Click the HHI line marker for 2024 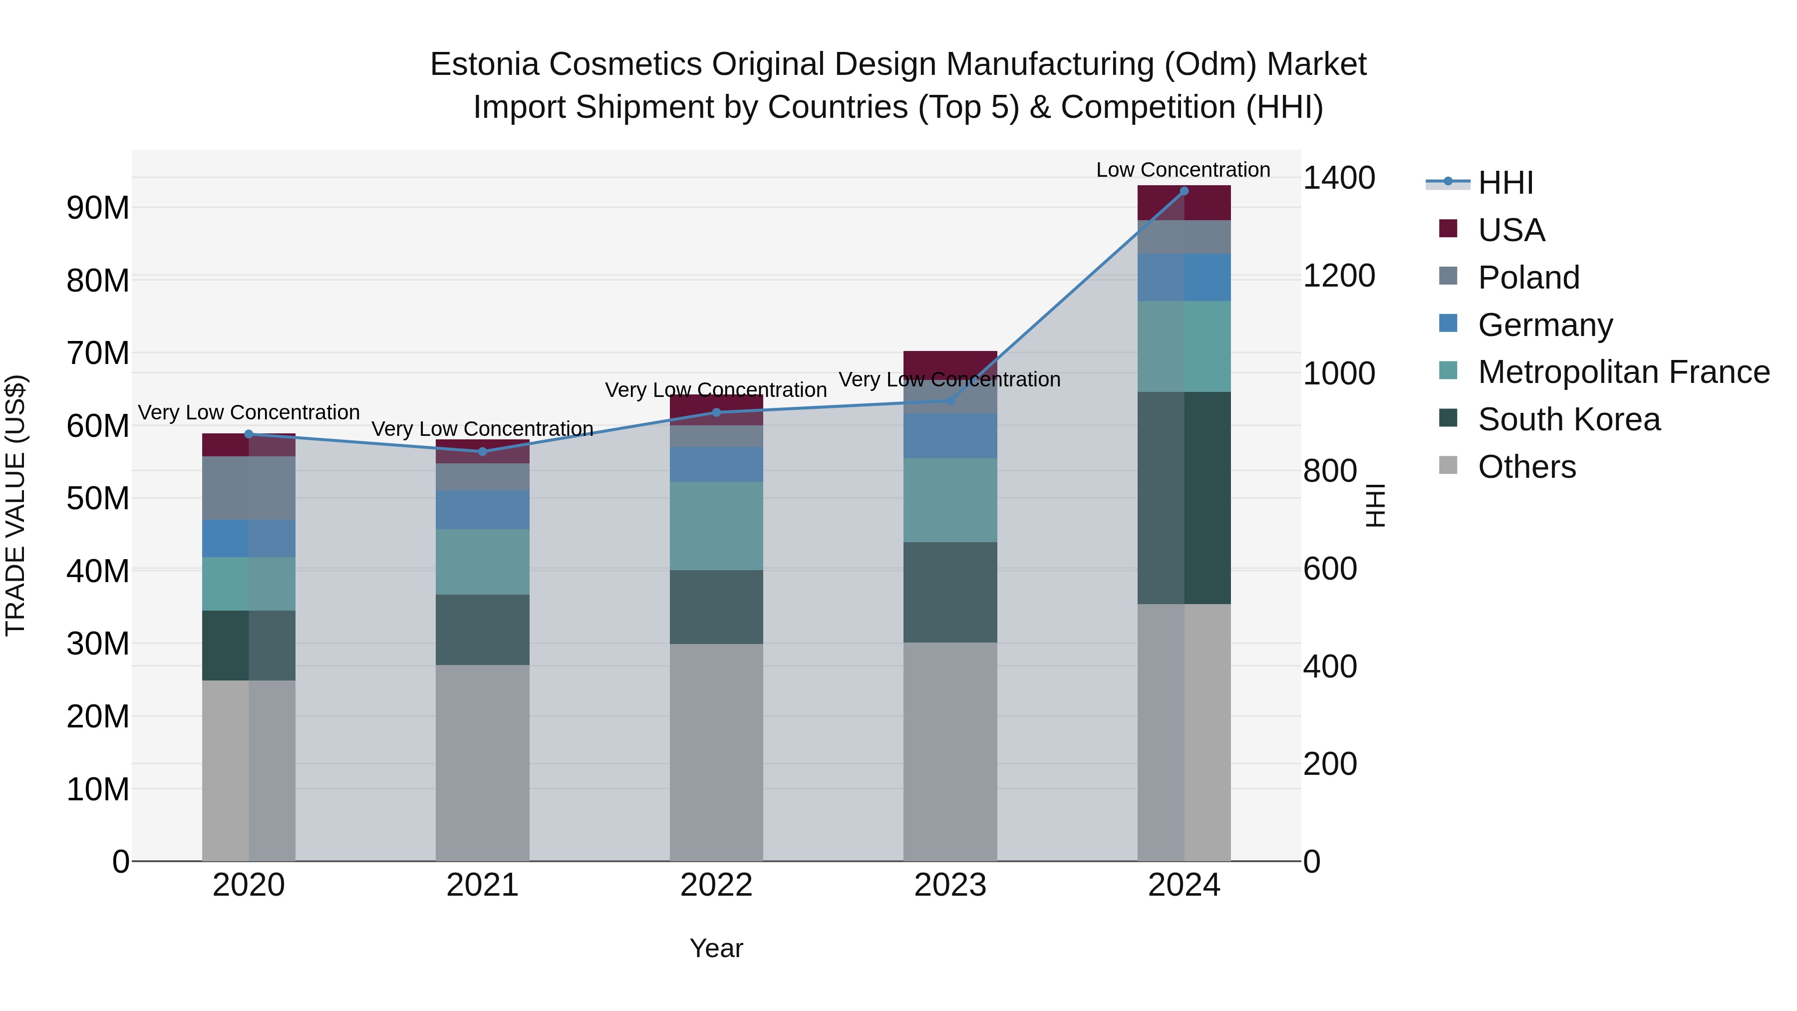(x=1184, y=191)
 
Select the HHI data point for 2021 (x=483, y=451)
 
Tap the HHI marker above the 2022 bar (x=716, y=412)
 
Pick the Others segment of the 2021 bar (x=483, y=762)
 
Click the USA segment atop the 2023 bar (x=950, y=363)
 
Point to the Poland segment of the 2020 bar (x=249, y=488)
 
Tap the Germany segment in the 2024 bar (x=1184, y=278)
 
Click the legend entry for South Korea (x=1568, y=419)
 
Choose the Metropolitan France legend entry (x=1623, y=372)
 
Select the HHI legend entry (x=1505, y=183)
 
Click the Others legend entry (x=1526, y=467)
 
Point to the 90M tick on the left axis (x=98, y=208)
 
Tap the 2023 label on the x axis (x=950, y=885)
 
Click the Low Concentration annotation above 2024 (x=1183, y=170)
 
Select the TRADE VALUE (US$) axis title (x=15, y=505)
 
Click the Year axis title (x=716, y=948)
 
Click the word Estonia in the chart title (x=484, y=64)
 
